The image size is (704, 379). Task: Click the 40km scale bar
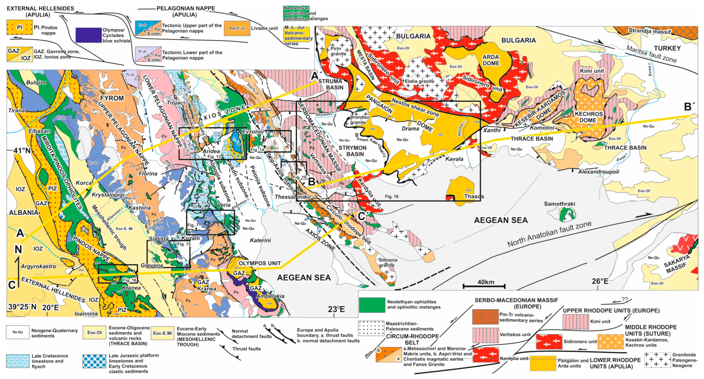[484, 286]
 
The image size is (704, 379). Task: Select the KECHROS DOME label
[588, 117]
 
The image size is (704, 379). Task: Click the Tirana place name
[17, 111]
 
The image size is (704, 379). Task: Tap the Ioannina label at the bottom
[86, 314]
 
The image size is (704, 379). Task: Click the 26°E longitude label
[600, 281]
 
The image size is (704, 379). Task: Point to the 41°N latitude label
[22, 150]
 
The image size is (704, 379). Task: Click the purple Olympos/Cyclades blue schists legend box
[88, 35]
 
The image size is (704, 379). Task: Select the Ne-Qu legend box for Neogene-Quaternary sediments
[18, 332]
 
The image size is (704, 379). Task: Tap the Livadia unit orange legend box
[237, 28]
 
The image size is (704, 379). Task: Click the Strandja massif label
[650, 31]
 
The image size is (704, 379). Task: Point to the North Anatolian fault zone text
[549, 234]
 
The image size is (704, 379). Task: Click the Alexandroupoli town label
[599, 172]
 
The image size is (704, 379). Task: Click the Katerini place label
[260, 240]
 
